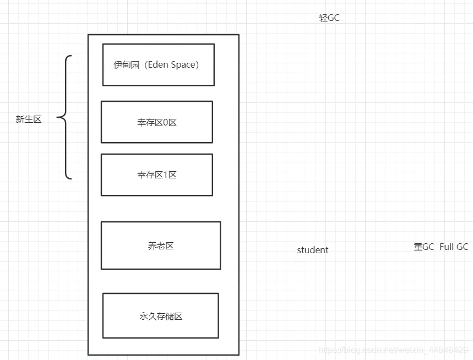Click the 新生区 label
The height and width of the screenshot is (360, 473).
pyautogui.click(x=29, y=119)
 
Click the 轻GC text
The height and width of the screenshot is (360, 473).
pyautogui.click(x=329, y=18)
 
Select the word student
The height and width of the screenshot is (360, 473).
pyautogui.click(x=313, y=250)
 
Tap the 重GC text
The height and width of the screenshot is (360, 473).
pyautogui.click(x=424, y=247)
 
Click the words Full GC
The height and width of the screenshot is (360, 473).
pyautogui.click(x=454, y=247)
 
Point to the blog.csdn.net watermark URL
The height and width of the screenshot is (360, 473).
pyautogui.click(x=393, y=350)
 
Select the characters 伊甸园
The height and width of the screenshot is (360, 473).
pyautogui.click(x=126, y=64)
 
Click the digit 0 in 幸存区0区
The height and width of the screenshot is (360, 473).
pyautogui.click(x=166, y=122)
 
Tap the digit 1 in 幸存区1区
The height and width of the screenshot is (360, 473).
pyautogui.click(x=166, y=175)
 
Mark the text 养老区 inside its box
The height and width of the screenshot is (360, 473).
pyautogui.click(x=161, y=246)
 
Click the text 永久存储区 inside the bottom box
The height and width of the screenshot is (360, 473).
pyautogui.click(x=161, y=316)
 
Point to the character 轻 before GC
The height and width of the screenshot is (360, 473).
pyautogui.click(x=323, y=18)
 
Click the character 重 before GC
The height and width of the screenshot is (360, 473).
pyautogui.click(x=418, y=247)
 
